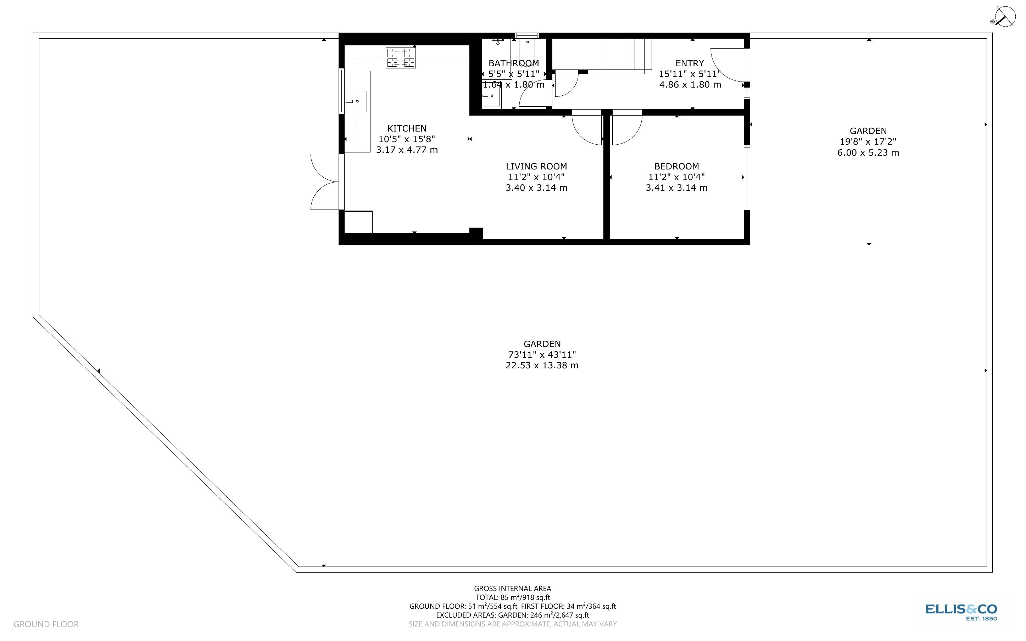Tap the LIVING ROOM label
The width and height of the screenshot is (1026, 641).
tap(536, 166)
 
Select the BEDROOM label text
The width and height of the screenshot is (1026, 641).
tap(676, 166)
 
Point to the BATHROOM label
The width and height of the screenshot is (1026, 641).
tap(514, 63)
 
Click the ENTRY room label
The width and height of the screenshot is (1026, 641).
tap(690, 63)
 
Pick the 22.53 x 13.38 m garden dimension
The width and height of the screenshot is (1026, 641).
tap(542, 366)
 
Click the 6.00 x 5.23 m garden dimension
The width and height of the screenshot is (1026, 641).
tap(868, 152)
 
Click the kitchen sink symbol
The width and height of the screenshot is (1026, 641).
tap(356, 101)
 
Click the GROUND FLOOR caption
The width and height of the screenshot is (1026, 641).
tap(46, 624)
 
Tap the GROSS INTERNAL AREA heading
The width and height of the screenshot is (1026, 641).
tap(512, 589)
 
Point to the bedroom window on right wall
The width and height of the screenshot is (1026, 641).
tap(747, 178)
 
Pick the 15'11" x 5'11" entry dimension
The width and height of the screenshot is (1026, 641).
tap(690, 74)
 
